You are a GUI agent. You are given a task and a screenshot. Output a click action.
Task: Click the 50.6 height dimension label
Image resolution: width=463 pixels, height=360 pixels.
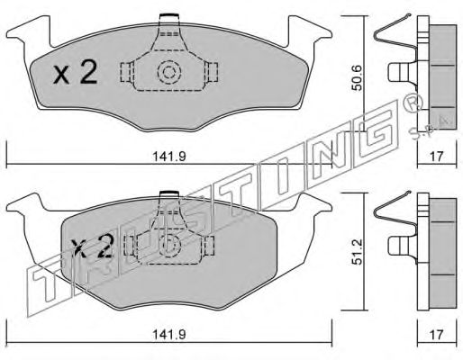coord(358,78)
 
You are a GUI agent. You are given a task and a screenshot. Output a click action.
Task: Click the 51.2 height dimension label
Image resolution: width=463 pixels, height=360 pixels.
coord(358,252)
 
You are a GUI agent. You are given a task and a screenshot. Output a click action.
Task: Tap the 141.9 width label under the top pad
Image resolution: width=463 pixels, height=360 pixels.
coord(169,157)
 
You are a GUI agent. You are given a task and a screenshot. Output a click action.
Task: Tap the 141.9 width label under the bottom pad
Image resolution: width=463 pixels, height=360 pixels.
coord(169,335)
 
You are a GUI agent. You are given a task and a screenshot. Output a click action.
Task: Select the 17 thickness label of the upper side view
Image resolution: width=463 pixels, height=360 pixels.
coord(437,157)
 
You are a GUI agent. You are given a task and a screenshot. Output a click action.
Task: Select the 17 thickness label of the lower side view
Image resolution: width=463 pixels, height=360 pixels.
coord(437,335)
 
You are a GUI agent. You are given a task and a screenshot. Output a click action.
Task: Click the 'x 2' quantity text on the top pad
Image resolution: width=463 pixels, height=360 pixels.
coord(76,72)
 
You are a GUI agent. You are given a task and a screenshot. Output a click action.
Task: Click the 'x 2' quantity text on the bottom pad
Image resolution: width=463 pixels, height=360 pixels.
coord(92,247)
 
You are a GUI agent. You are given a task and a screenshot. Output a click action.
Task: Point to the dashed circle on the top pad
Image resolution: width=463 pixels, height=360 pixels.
coord(169,72)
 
